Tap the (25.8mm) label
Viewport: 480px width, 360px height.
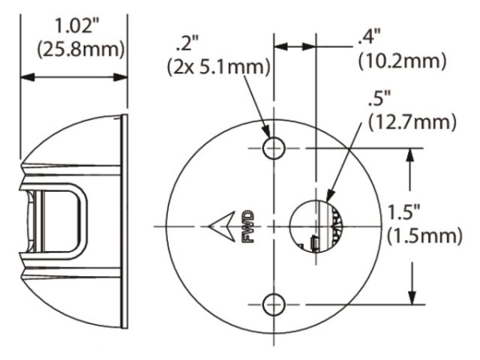click(x=73, y=48)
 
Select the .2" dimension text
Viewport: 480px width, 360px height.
click(x=192, y=40)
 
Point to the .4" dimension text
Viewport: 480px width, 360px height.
click(x=370, y=36)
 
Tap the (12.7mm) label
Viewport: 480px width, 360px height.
click(x=411, y=124)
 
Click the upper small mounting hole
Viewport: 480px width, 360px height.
click(x=274, y=147)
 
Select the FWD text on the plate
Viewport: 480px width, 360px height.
click(x=247, y=226)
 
